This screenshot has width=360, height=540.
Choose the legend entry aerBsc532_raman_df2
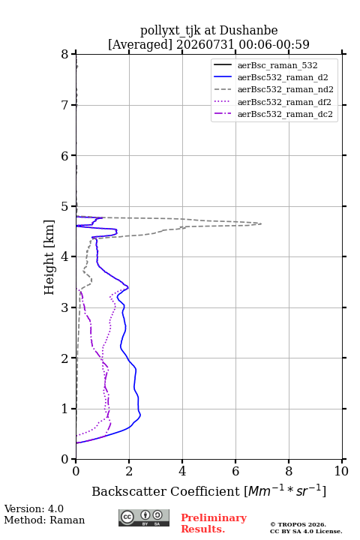272,102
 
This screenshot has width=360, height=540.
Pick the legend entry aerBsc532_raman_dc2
273,114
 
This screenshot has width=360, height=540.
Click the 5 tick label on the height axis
65,206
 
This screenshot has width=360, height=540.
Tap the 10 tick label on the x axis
341,471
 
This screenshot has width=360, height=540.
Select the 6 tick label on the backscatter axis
235,471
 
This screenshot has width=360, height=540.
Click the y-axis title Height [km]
49,257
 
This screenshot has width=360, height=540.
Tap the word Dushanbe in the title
248,31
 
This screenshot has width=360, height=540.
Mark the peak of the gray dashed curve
261,223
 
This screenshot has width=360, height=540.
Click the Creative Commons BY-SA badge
144,517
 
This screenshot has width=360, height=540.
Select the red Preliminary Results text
214,523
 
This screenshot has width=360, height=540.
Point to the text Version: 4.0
34,508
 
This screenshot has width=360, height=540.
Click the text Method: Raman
44,520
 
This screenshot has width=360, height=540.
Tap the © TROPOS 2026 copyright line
298,524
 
